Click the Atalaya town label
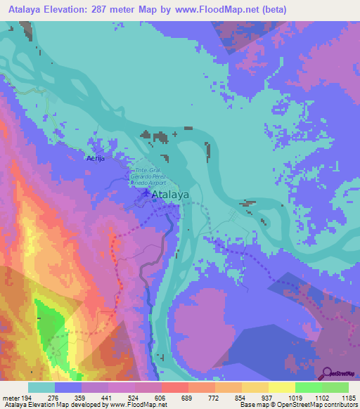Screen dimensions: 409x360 [172, 197]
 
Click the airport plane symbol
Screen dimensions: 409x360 [146, 193]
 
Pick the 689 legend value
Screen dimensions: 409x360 [188, 398]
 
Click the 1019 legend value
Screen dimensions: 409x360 [295, 398]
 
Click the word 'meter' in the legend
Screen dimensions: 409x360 [11, 398]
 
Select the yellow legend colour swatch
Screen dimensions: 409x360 [281, 387]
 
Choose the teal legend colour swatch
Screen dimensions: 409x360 [41, 387]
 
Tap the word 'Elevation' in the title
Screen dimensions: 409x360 [71, 9]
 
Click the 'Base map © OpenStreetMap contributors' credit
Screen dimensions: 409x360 [298, 405]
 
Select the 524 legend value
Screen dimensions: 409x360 [134, 398]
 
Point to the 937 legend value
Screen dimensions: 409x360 [268, 398]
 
